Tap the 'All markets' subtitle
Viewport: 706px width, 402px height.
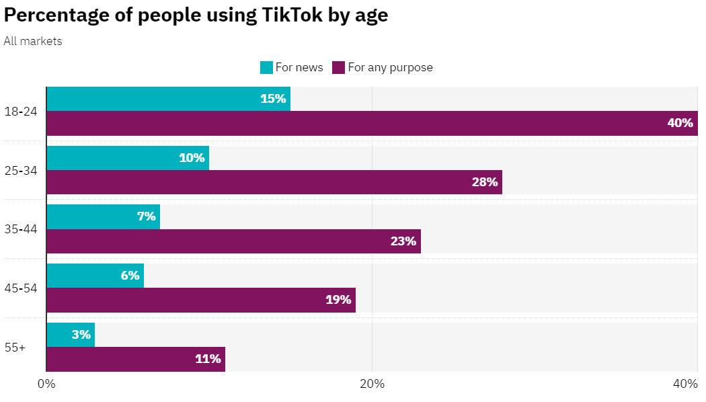(33, 41)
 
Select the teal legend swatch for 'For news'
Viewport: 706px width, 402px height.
(266, 67)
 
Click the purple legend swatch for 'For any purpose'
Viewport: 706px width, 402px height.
(338, 67)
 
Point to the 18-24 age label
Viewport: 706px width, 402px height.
(20, 112)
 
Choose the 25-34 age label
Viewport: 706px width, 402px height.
(20, 170)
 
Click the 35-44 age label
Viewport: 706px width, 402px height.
(20, 229)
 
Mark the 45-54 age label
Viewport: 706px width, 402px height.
(20, 288)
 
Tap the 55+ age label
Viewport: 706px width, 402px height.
(15, 348)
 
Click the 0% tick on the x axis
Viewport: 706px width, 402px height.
(46, 384)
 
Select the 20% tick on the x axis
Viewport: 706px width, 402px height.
(372, 384)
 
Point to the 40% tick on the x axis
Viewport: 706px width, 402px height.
(685, 384)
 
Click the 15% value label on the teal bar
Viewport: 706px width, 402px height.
(273, 99)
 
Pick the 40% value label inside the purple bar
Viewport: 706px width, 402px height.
(680, 123)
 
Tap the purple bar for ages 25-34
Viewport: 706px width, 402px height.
(274, 182)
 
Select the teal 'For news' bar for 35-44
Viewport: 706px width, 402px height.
(103, 216)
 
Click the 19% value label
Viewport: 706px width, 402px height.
(338, 300)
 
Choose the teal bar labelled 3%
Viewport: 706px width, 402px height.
(71, 335)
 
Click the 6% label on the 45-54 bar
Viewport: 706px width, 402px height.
(130, 276)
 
